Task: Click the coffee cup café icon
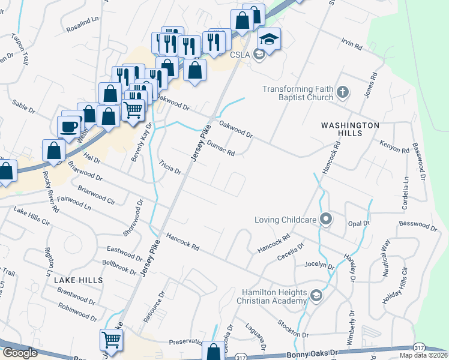[68, 125]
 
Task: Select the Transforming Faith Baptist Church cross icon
[342, 92]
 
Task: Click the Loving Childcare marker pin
[325, 219]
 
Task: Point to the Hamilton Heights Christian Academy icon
[316, 295]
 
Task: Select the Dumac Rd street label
[220, 148]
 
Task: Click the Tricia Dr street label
[170, 167]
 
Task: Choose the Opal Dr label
[358, 223]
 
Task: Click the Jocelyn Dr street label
[319, 264]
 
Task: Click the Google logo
[19, 353]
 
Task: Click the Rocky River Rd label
[50, 191]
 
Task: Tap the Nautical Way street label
[386, 257]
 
